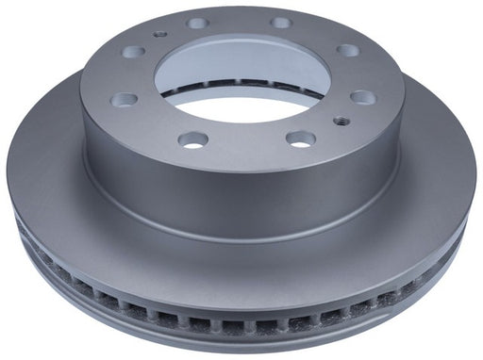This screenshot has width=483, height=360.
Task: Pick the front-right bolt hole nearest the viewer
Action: [300, 139]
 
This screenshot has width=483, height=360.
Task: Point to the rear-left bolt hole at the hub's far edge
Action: [197, 23]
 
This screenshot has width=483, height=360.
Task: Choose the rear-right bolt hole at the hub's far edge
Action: [281, 22]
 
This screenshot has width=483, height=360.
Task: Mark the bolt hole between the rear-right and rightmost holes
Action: [348, 50]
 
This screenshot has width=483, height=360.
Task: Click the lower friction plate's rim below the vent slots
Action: [241, 339]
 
